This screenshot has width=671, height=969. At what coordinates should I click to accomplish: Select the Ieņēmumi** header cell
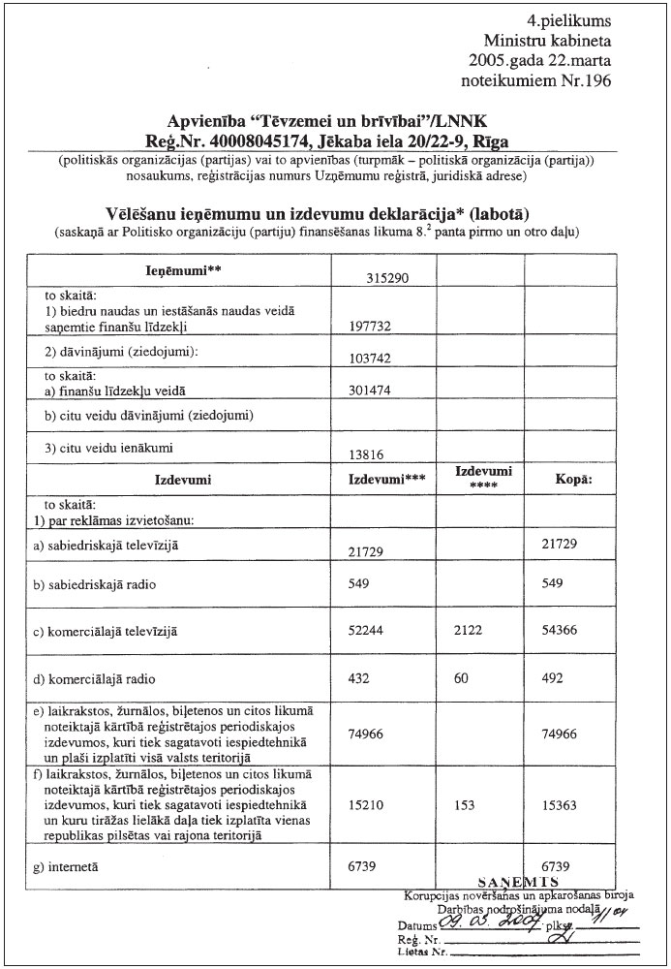(x=179, y=271)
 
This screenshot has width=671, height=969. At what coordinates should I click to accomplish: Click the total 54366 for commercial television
(x=564, y=631)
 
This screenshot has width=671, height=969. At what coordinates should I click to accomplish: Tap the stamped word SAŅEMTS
(x=516, y=880)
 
